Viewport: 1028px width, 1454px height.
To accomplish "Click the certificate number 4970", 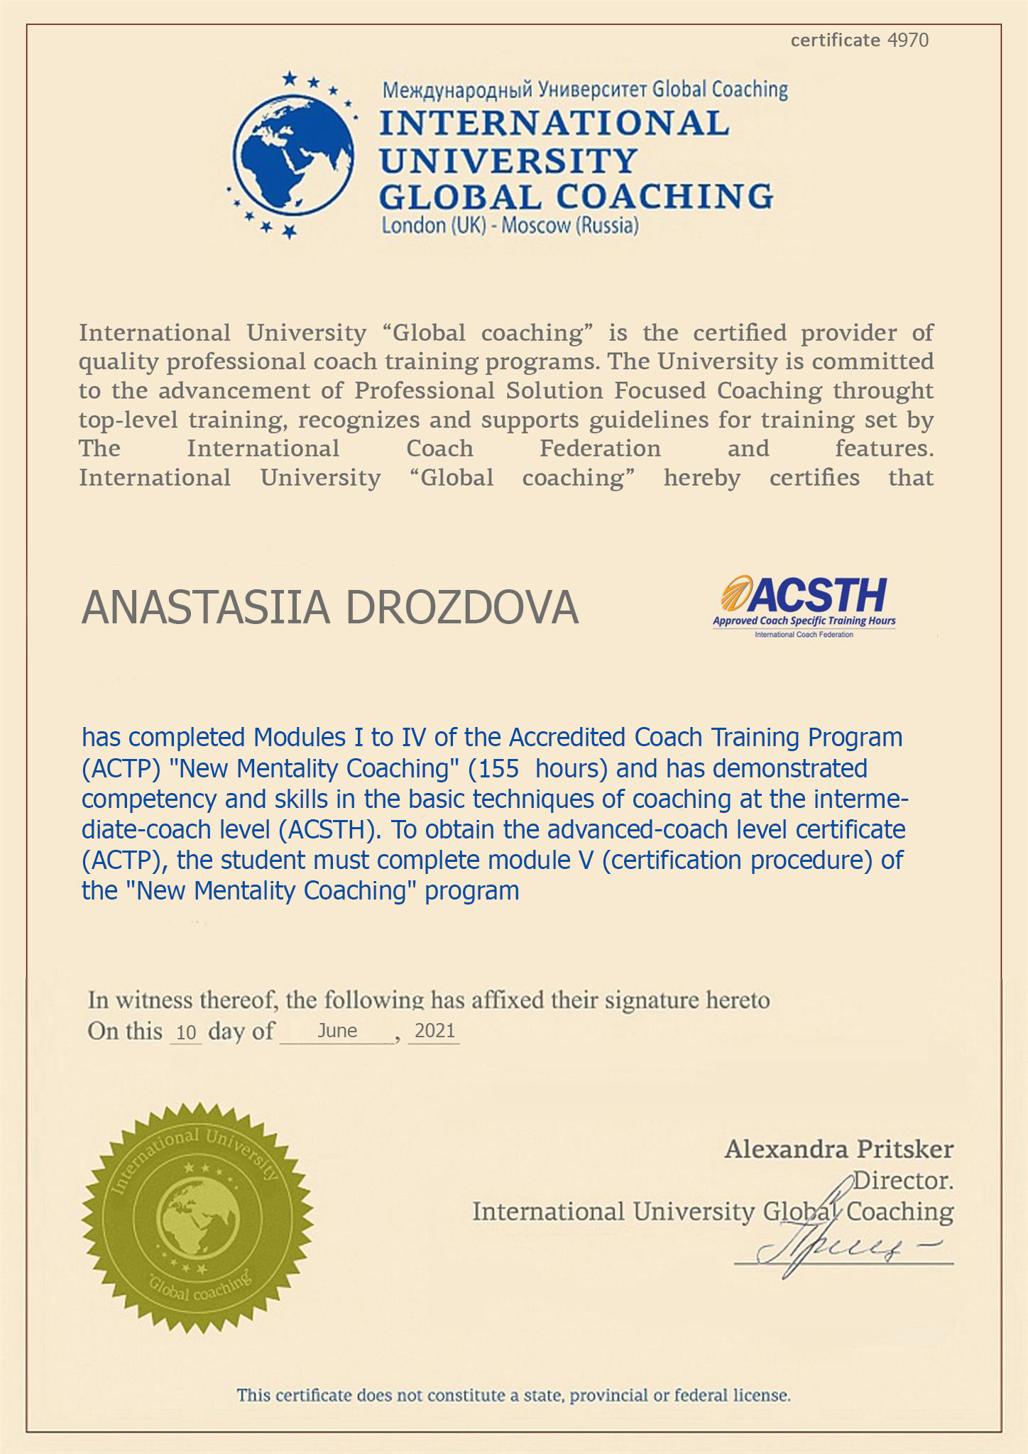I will point(908,40).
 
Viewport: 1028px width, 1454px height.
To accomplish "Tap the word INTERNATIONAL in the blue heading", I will point(554,123).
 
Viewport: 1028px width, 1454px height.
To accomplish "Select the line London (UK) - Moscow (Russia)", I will point(510,226).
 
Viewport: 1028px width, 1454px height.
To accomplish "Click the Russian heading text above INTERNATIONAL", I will point(585,89).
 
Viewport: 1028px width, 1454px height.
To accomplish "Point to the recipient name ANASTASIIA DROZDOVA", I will point(330,608).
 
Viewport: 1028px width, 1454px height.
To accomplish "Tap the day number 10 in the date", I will point(186,1032).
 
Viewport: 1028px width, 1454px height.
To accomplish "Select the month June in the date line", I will point(337,1030).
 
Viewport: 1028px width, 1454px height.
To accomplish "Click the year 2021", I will point(434,1030).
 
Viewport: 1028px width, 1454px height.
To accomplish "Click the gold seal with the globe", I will point(197,1218).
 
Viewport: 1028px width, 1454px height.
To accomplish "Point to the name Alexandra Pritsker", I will point(838,1149).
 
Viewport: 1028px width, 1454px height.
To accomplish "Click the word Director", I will point(902,1180).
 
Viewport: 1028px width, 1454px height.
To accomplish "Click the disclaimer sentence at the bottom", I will point(513,1395).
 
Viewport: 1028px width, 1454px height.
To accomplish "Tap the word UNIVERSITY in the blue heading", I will point(508,160).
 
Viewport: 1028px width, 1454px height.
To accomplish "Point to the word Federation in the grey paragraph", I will point(600,449).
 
